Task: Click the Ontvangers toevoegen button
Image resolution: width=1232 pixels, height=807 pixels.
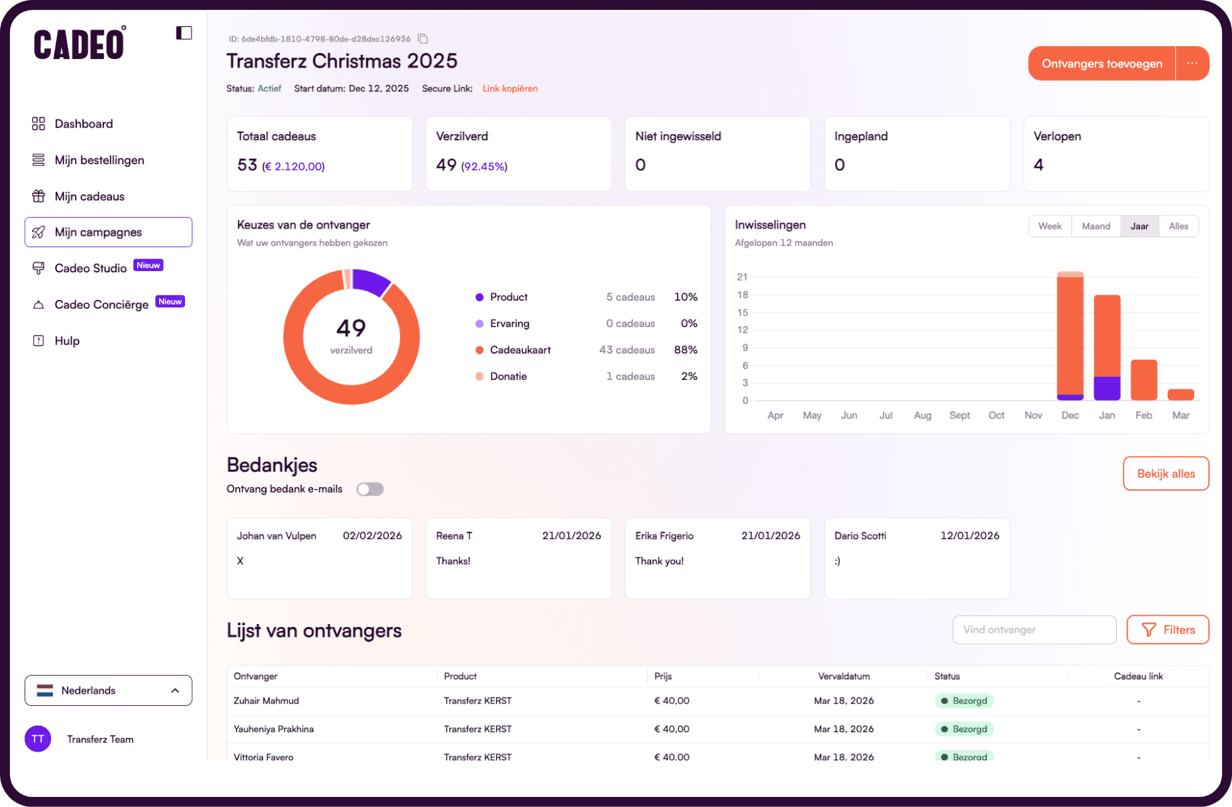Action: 1101,64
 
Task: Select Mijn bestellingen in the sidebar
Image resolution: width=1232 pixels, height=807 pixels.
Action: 99,160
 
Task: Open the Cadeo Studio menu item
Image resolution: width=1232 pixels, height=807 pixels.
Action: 91,269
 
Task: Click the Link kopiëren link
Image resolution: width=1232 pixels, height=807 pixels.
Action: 510,89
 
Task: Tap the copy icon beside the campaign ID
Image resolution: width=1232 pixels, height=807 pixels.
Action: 423,39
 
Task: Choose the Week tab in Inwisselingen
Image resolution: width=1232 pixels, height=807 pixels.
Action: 1050,226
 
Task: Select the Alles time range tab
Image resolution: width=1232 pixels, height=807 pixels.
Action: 1178,226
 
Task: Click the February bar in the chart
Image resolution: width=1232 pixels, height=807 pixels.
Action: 1143,380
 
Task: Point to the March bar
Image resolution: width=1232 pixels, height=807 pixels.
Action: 1180,395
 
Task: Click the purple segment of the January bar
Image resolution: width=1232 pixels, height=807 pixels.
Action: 1107,388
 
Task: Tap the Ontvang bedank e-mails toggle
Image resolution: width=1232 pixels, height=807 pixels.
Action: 370,489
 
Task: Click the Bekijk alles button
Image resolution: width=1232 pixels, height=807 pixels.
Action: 1165,474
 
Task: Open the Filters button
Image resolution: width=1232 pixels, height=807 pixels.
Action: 1167,630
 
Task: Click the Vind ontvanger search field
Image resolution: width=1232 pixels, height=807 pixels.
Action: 1034,630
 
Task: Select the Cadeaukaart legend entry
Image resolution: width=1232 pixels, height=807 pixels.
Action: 520,350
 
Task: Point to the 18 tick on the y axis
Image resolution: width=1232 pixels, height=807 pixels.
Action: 742,295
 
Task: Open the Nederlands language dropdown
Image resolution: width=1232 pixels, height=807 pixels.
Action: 108,691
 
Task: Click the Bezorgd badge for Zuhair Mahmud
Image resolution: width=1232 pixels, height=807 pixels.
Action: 964,701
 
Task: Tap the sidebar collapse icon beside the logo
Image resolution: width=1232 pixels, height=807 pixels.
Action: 184,33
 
